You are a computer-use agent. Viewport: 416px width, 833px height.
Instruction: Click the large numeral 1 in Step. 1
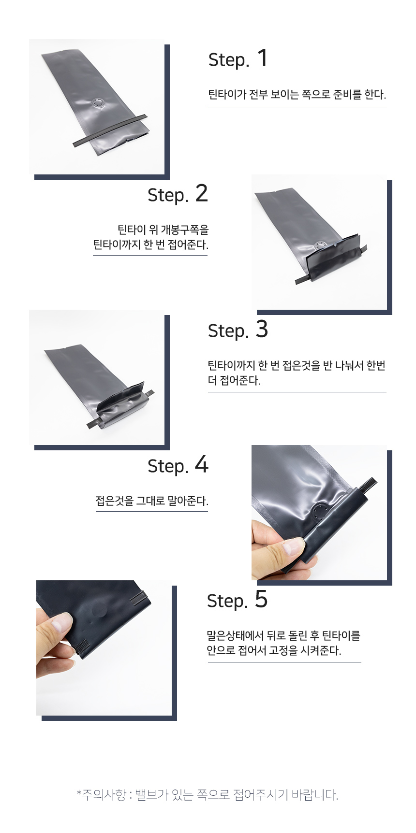pyautogui.click(x=263, y=58)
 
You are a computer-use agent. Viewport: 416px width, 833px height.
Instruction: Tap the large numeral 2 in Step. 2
pyautogui.click(x=201, y=193)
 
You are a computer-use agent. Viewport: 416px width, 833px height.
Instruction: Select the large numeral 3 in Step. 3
pyautogui.click(x=262, y=329)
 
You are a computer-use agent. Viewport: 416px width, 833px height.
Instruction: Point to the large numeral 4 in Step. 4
pyautogui.click(x=202, y=464)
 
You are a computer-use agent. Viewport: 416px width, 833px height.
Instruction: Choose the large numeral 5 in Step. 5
pyautogui.click(x=261, y=599)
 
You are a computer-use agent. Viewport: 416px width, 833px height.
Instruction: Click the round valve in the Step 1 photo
pyautogui.click(x=98, y=103)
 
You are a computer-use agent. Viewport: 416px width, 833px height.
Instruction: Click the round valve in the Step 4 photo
pyautogui.click(x=319, y=512)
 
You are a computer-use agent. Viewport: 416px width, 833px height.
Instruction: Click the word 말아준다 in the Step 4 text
pyautogui.click(x=188, y=501)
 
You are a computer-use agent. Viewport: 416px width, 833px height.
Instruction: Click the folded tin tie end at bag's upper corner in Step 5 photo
pyautogui.click(x=139, y=598)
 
